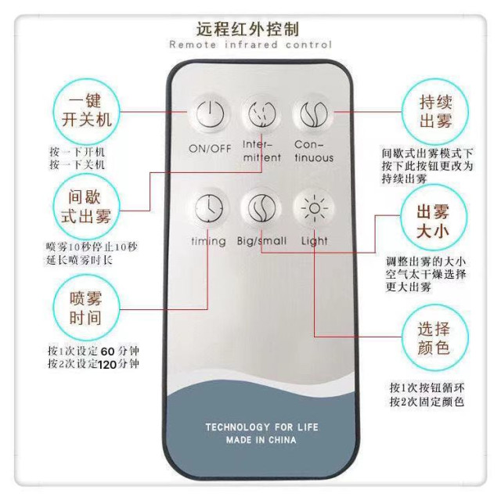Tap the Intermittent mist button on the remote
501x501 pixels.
pyautogui.click(x=261, y=115)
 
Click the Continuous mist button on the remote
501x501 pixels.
pyautogui.click(x=313, y=115)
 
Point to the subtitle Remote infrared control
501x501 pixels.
pyautogui.click(x=250, y=45)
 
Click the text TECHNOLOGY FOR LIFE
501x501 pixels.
pyautogui.click(x=261, y=427)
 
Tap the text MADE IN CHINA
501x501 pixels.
pyautogui.click(x=261, y=440)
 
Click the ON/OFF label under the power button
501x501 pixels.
pyautogui.click(x=209, y=150)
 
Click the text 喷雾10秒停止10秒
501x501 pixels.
pyautogui.click(x=91, y=247)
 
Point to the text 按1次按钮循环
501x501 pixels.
pyautogui.click(x=427, y=388)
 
